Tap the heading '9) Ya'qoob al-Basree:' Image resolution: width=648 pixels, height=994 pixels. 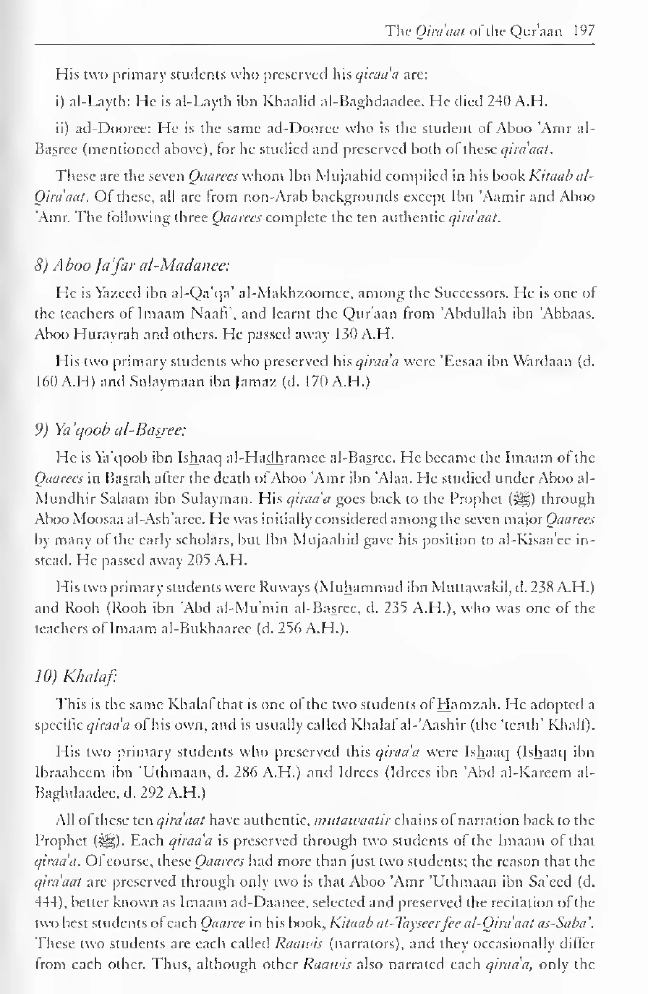pyautogui.click(x=110, y=430)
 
